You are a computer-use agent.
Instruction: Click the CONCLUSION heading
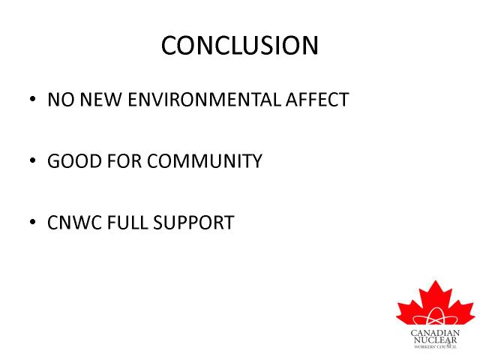(240, 45)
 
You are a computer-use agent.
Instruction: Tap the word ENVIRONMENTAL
(204, 100)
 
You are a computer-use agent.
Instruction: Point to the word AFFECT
(317, 100)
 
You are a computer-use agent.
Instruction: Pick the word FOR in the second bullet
(124, 161)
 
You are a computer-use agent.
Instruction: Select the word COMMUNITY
(205, 161)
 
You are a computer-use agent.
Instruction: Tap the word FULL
(127, 223)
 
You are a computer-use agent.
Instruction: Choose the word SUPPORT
(193, 223)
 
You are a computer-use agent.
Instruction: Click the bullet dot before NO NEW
(33, 99)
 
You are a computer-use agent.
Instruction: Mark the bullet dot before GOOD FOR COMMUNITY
(33, 160)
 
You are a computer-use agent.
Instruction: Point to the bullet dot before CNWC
(33, 222)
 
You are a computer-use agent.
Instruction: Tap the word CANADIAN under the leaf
(435, 333)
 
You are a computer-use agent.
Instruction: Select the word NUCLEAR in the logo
(435, 340)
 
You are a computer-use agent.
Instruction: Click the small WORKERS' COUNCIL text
(435, 346)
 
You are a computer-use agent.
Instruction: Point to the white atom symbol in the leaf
(435, 317)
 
